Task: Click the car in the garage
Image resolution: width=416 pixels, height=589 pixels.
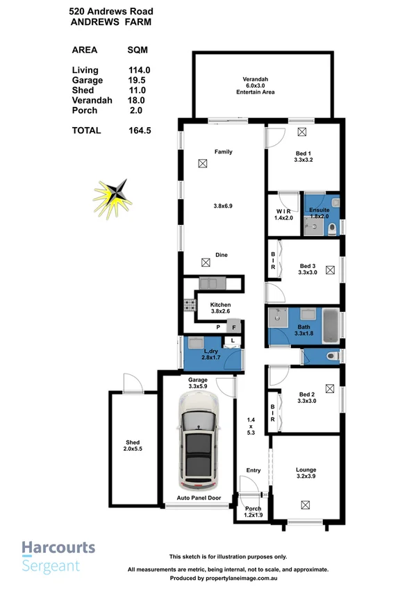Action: pyautogui.click(x=198, y=442)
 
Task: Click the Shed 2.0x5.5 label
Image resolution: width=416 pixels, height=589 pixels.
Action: pyautogui.click(x=132, y=446)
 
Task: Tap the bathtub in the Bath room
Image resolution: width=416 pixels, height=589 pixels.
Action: pyautogui.click(x=331, y=326)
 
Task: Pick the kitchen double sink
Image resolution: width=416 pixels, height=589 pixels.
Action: pyautogui.click(x=209, y=283)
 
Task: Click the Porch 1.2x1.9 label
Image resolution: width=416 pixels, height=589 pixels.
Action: pyautogui.click(x=253, y=512)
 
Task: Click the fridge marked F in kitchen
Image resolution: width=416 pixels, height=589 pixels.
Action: pyautogui.click(x=235, y=327)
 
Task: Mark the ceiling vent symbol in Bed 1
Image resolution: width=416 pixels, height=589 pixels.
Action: pyautogui.click(x=302, y=131)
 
